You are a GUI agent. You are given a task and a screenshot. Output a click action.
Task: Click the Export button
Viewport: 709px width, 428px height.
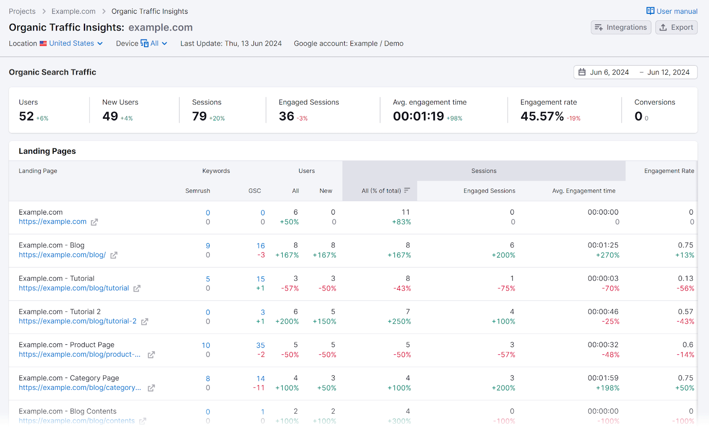(x=676, y=27)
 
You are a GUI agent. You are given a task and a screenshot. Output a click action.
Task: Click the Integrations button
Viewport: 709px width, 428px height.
(x=621, y=27)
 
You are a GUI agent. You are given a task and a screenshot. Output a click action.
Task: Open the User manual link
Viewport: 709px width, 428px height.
(x=672, y=11)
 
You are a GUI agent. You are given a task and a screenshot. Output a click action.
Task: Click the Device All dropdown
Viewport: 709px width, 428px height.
(x=154, y=43)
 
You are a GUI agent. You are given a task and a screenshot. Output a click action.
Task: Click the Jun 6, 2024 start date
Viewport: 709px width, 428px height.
(x=609, y=72)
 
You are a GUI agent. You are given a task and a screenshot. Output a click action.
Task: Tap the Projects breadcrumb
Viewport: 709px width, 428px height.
(x=22, y=12)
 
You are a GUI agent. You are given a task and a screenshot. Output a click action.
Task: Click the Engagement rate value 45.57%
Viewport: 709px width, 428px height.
(x=542, y=116)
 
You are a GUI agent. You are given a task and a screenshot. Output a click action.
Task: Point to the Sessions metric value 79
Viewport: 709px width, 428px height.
(x=199, y=116)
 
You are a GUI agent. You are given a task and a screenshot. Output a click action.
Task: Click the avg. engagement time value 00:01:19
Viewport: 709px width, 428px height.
(x=418, y=116)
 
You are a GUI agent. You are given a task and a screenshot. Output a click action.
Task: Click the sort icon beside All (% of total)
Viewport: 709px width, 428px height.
(x=407, y=191)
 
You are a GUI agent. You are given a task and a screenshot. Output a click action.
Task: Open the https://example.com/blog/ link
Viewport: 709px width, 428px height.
(x=62, y=255)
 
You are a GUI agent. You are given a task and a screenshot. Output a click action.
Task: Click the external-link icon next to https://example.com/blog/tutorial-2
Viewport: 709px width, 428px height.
(x=144, y=322)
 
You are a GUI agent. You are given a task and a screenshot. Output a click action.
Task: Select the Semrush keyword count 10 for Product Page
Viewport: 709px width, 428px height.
(x=206, y=345)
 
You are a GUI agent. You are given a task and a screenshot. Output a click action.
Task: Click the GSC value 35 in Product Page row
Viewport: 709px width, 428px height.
(x=261, y=345)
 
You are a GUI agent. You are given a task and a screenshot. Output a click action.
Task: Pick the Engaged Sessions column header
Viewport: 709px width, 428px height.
(x=489, y=191)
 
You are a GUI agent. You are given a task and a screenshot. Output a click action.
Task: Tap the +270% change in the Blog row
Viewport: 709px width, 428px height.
(x=608, y=255)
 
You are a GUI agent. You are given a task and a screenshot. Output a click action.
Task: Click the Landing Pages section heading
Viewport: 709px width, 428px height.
(x=47, y=151)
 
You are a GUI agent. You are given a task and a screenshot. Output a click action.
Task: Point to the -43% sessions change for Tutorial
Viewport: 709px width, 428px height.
(x=402, y=288)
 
